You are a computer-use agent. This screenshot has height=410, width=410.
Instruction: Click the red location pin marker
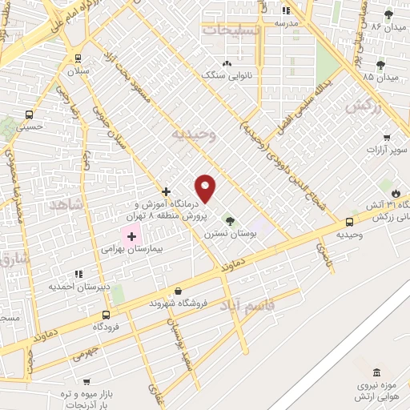[x=206, y=188]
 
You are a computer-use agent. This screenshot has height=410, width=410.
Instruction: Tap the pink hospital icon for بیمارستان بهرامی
[x=131, y=237]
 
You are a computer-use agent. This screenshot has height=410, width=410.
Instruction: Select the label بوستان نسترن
[x=230, y=233]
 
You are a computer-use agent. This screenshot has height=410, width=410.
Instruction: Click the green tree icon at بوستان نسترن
[x=230, y=220]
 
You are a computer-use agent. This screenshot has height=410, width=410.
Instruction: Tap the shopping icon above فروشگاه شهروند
[x=177, y=291]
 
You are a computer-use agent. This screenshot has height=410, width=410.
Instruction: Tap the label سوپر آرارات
[x=387, y=151]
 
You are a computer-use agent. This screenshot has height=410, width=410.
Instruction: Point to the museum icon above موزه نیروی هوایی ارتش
[x=376, y=372]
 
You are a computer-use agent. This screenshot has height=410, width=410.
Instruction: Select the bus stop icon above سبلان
[x=78, y=58]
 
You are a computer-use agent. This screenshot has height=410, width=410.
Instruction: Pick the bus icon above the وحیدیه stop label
[x=350, y=222]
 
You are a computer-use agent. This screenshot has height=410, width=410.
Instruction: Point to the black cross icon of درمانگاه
[x=166, y=191]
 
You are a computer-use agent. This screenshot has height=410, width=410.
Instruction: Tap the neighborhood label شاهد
[x=66, y=205]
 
